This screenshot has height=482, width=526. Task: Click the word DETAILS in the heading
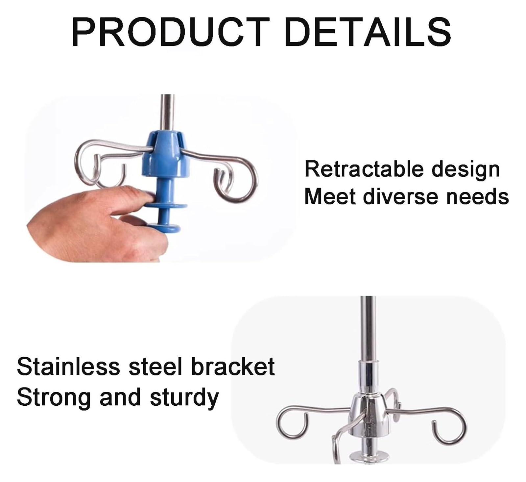pyautogui.click(x=368, y=32)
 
